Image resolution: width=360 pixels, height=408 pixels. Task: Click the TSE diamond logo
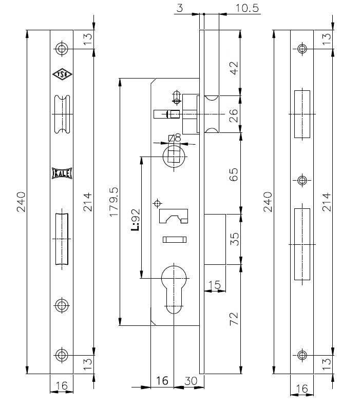point(62,75)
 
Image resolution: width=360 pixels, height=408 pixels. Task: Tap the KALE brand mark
point(62,173)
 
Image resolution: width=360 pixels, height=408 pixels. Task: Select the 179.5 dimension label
point(114,202)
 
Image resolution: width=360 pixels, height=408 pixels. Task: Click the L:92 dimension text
point(136,220)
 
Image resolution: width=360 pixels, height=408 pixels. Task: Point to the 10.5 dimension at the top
point(247,8)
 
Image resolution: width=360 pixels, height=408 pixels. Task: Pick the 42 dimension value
point(234,68)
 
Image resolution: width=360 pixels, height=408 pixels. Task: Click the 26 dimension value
point(234,115)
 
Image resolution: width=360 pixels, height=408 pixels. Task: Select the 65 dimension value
point(234,174)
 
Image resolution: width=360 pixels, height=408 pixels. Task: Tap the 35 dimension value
point(234,239)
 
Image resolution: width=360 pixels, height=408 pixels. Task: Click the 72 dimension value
point(234,319)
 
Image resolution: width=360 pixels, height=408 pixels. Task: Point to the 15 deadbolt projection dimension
point(215,285)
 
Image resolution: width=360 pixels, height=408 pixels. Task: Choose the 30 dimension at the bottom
point(191,381)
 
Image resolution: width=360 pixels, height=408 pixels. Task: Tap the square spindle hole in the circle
point(174,154)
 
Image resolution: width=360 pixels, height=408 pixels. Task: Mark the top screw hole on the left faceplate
point(62,48)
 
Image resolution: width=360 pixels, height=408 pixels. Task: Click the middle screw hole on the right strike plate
point(302,180)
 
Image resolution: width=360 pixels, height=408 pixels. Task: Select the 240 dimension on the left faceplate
point(21,202)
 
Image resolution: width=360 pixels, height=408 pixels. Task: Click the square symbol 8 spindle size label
point(175,138)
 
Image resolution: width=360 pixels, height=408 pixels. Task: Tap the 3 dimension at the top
point(180,8)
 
